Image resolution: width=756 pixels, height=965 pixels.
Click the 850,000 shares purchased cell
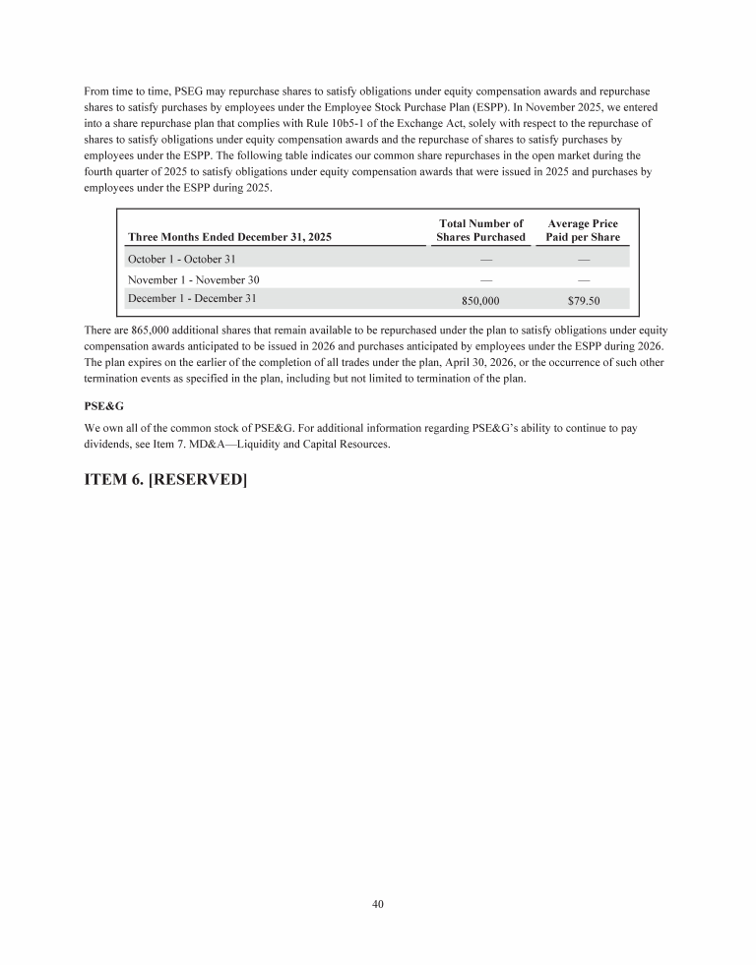(480, 300)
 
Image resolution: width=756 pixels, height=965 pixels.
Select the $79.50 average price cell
(584, 300)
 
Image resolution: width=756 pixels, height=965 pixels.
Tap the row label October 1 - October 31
(182, 259)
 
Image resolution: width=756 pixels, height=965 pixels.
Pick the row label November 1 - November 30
(193, 279)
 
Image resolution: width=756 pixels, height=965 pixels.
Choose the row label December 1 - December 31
(194, 296)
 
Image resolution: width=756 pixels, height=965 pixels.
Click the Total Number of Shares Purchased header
(480, 230)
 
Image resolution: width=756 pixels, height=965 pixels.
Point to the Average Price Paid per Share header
(583, 230)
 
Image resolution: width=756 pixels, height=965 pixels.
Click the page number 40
(378, 905)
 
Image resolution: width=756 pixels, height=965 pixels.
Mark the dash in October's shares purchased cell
(480, 259)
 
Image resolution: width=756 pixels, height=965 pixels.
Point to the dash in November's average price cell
(584, 279)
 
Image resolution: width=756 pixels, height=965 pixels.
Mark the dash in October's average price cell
(584, 259)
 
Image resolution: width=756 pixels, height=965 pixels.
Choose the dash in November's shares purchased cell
(480, 279)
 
